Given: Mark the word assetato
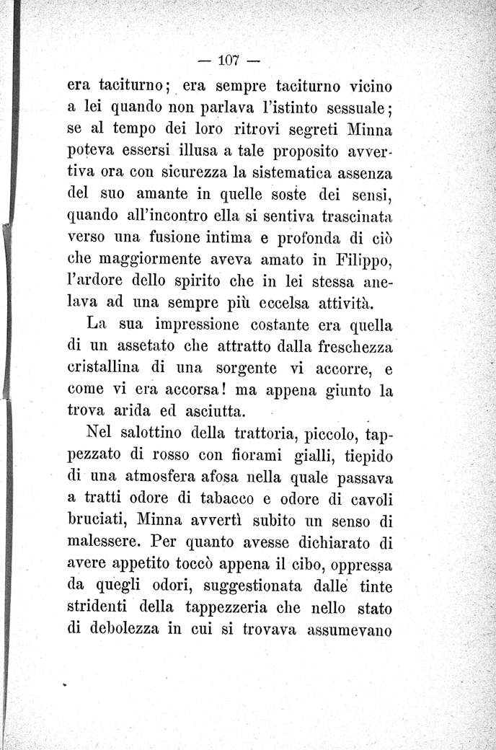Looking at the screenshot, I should pyautogui.click(x=157, y=346).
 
